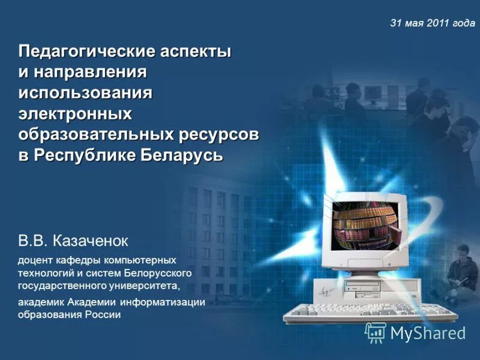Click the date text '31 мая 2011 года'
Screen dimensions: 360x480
pyautogui.click(x=432, y=23)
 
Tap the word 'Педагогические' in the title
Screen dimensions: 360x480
pyautogui.click(x=87, y=51)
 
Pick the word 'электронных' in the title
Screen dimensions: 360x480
pyautogui.click(x=75, y=114)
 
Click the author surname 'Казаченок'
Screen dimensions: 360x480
pyautogui.click(x=91, y=241)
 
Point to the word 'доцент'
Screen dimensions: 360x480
pyautogui.click(x=34, y=261)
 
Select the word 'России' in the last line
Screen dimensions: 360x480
pyautogui.click(x=104, y=314)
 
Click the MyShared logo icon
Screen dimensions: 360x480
pyautogui.click(x=376, y=332)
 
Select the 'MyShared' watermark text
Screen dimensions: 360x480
pyautogui.click(x=427, y=334)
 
